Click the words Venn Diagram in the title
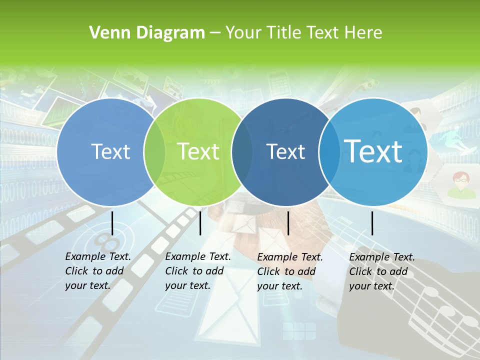[x=146, y=33]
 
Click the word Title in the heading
[x=283, y=33]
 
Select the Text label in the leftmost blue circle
[x=110, y=151]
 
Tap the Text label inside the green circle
[x=198, y=151]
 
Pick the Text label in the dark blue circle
[x=285, y=151]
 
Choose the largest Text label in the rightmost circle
[x=373, y=151]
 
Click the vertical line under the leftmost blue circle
[x=112, y=223]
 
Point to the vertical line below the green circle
[x=200, y=223]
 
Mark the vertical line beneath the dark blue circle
[x=288, y=223]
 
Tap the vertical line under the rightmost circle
[x=372, y=223]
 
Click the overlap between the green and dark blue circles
[x=242, y=152]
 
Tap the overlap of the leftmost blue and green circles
[x=154, y=152]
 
